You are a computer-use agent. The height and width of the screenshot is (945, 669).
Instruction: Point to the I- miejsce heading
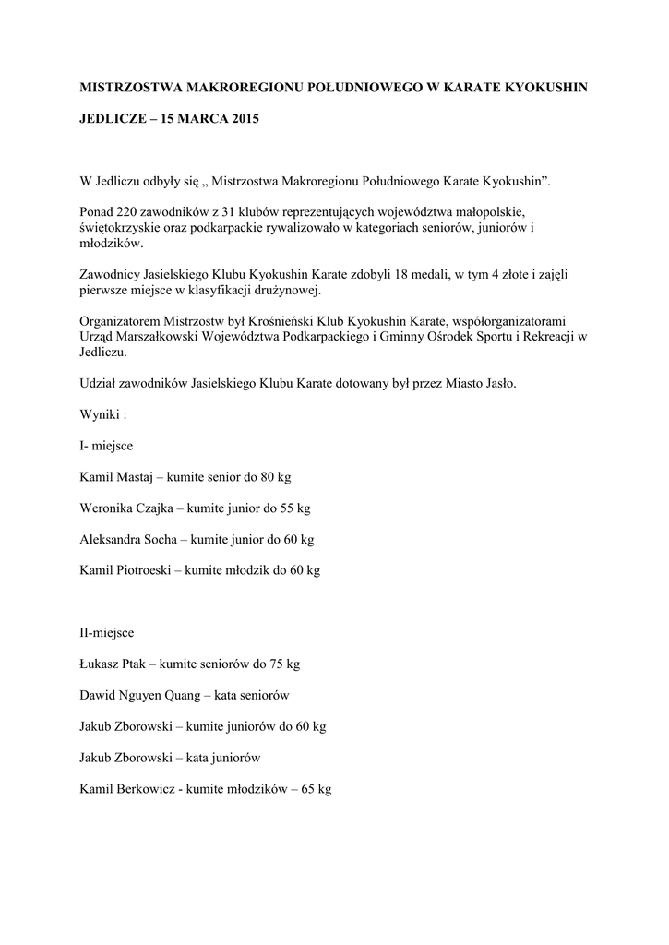107,446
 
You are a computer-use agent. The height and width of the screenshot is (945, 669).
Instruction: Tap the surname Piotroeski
147,570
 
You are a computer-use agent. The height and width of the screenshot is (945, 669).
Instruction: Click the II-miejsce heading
107,633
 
